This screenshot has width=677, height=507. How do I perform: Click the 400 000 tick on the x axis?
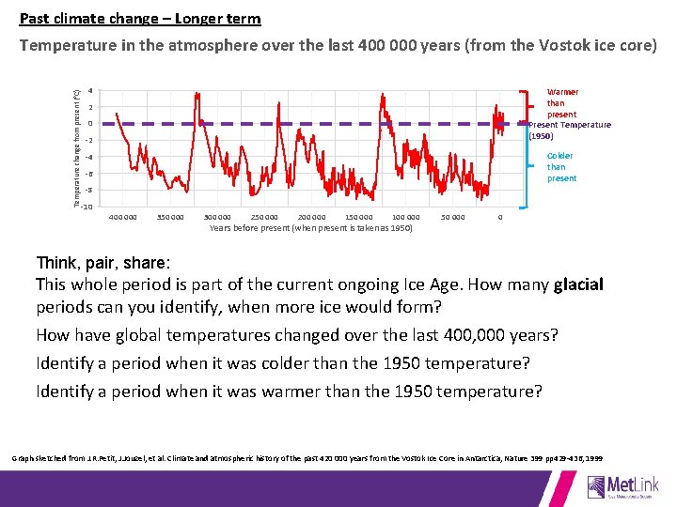[123, 218]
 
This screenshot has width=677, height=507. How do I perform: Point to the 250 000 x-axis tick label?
[264, 218]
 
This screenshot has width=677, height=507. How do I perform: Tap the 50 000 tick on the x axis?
[453, 218]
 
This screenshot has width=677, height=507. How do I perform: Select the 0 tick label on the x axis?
[500, 218]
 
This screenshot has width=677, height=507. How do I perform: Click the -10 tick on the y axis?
[87, 207]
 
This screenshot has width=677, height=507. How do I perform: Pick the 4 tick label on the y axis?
[89, 91]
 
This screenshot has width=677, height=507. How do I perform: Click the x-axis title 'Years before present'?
[310, 228]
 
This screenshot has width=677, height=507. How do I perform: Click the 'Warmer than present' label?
[561, 103]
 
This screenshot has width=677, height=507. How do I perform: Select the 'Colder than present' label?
[560, 167]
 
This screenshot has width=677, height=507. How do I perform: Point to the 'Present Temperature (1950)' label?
[569, 130]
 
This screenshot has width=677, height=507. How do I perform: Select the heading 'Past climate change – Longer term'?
[140, 19]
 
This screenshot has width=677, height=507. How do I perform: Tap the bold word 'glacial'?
[579, 284]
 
